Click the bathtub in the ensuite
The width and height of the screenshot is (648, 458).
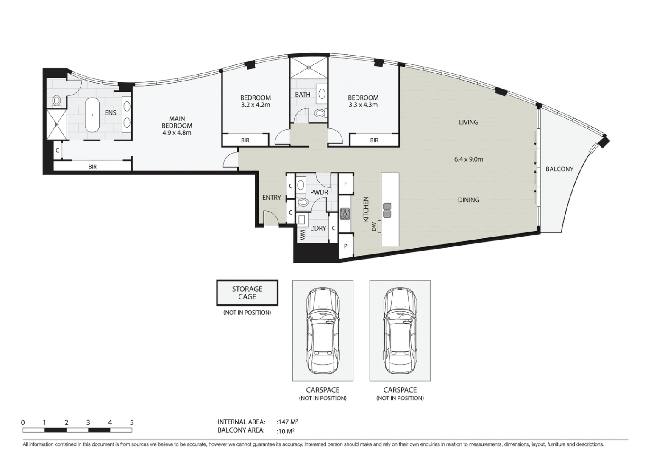[92, 115]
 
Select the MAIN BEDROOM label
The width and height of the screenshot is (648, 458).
[177, 126]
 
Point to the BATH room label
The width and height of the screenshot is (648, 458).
[303, 95]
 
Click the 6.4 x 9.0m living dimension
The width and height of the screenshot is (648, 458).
[468, 159]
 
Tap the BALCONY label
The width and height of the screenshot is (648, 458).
[559, 169]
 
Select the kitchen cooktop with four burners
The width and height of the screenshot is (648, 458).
[345, 214]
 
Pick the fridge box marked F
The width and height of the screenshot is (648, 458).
[346, 184]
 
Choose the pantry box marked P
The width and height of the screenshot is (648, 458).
[346, 246]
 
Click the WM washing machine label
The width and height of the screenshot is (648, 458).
[303, 235]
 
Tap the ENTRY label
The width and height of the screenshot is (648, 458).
[271, 197]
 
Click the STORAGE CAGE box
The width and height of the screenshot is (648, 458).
[247, 293]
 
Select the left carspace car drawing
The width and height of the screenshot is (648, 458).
[323, 331]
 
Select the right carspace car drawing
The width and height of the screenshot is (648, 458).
[400, 331]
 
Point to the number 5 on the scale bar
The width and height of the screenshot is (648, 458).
[132, 422]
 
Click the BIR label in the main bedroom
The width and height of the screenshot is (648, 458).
[92, 167]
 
